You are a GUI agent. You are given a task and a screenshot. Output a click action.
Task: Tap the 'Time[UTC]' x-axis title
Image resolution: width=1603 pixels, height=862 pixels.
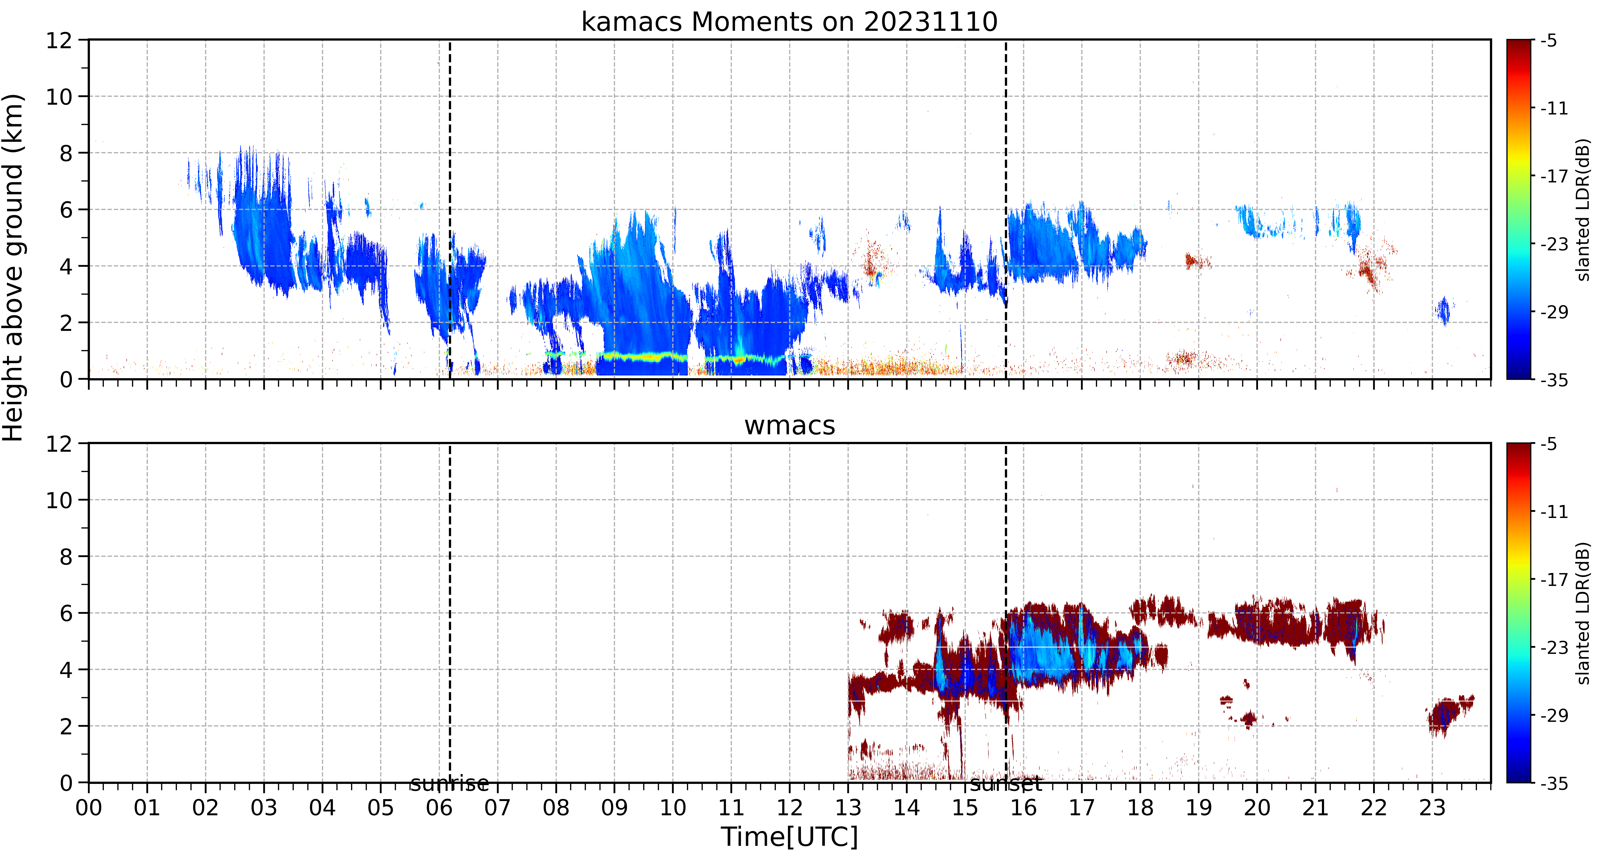pyautogui.click(x=789, y=837)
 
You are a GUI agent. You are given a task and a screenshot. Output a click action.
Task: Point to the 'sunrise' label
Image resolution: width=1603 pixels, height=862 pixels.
pyautogui.click(x=449, y=784)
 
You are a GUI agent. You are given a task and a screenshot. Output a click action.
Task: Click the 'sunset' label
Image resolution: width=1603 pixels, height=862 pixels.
pyautogui.click(x=1006, y=784)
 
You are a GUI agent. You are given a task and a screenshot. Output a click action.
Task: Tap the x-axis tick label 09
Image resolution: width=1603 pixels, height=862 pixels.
pyautogui.click(x=614, y=808)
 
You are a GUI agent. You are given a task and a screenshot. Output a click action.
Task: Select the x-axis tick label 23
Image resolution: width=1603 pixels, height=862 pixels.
pyautogui.click(x=1432, y=808)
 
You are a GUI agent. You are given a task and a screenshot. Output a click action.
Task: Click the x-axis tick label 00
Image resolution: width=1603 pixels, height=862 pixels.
pyautogui.click(x=89, y=808)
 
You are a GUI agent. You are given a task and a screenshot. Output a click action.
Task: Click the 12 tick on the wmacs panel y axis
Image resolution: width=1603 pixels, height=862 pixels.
pyautogui.click(x=59, y=443)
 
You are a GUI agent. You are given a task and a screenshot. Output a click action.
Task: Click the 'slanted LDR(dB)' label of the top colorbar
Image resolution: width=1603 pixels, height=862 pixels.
pyautogui.click(x=1584, y=210)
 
